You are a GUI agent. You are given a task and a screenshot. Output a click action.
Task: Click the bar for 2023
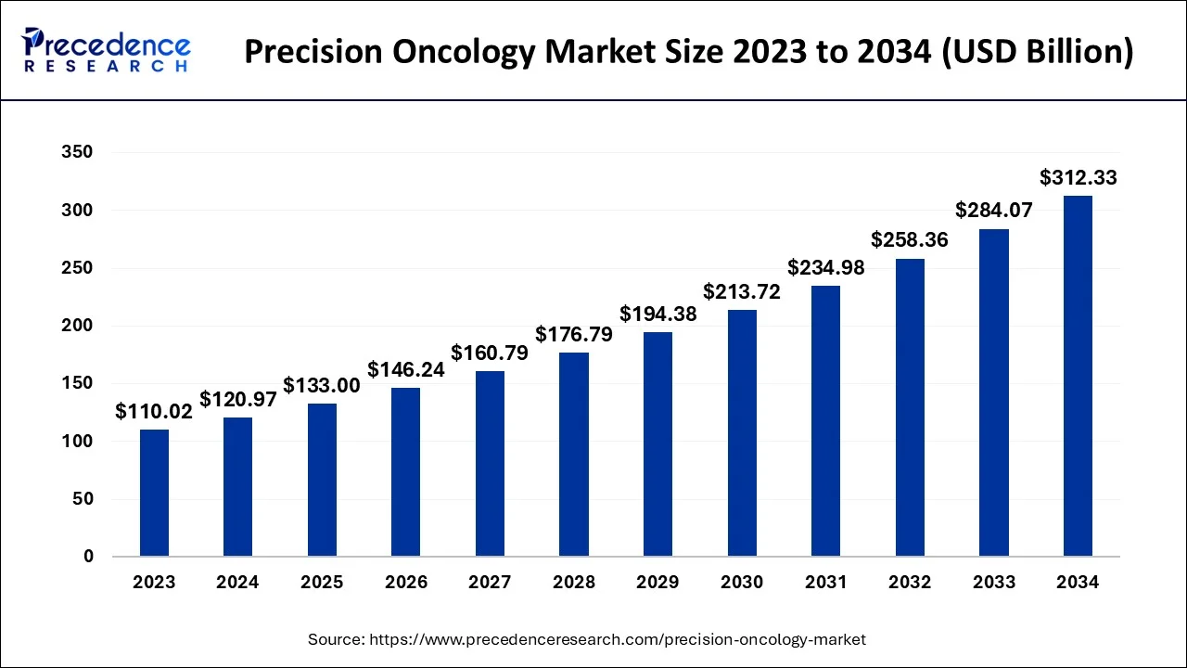tap(154, 493)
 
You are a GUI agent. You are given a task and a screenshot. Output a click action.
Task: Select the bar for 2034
tap(1078, 376)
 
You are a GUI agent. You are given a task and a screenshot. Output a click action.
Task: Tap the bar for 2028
tap(574, 455)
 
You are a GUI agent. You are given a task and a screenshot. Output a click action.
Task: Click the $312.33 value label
tap(1078, 177)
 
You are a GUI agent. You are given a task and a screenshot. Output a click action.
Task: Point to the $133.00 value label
tap(322, 385)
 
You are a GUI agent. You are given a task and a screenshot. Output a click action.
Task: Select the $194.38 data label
tap(657, 314)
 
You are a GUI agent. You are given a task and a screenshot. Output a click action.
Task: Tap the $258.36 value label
tap(910, 240)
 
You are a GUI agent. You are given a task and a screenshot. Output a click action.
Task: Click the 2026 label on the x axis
tap(406, 583)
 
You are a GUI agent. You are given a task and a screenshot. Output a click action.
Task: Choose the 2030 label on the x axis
tap(742, 583)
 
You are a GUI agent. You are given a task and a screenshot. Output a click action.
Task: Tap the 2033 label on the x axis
tap(993, 583)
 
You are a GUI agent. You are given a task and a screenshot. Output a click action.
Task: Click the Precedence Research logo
tap(108, 51)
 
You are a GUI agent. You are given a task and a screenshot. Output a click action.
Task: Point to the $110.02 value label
tap(154, 412)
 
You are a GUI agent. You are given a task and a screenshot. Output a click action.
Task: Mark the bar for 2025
tap(322, 480)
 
